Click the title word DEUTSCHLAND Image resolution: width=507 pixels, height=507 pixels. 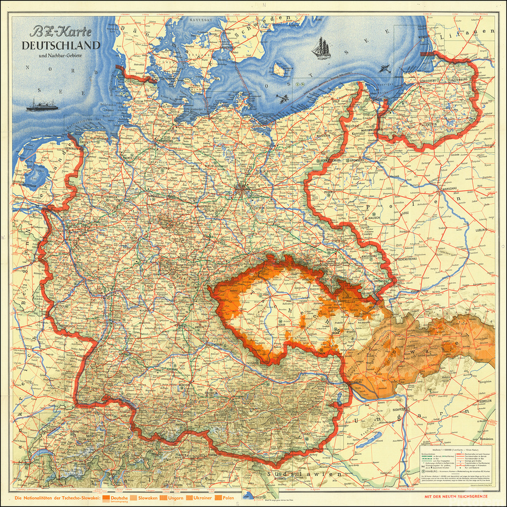tap(62, 45)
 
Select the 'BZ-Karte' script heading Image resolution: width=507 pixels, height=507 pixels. tap(62, 30)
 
